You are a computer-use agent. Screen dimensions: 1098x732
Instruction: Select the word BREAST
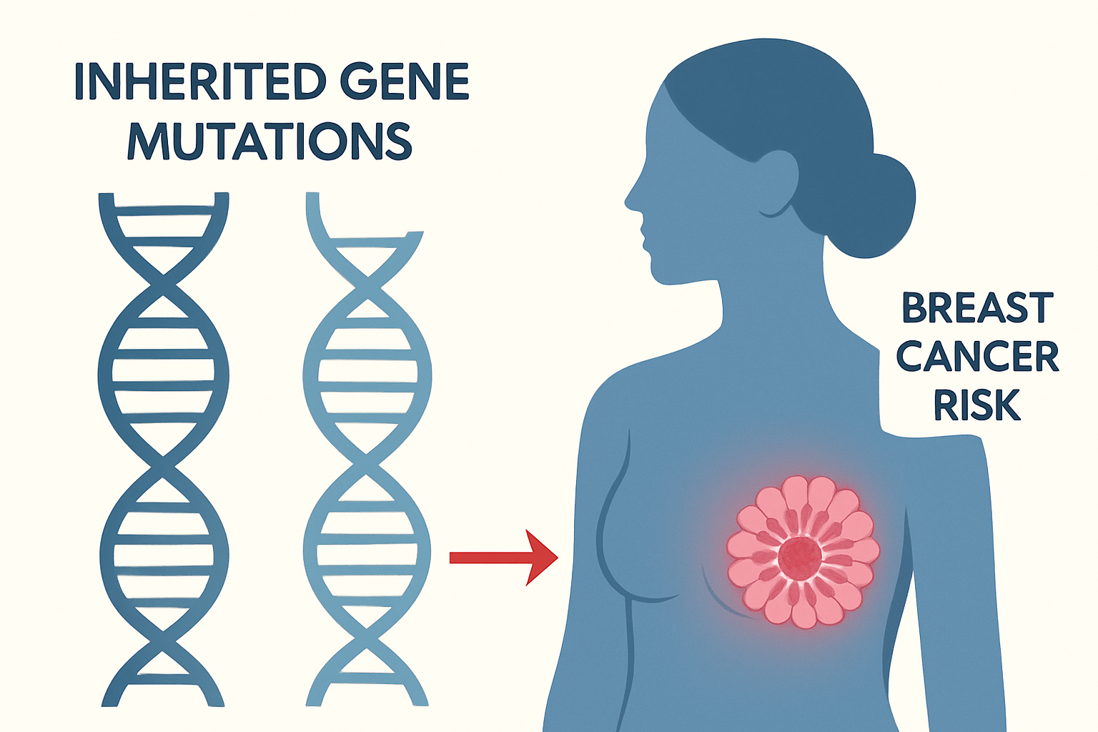pos(977,307)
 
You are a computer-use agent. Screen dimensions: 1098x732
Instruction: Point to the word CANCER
pos(977,357)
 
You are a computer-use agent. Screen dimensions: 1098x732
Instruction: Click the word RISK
pos(977,405)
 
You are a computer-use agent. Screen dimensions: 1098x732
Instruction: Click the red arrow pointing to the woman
pos(504,558)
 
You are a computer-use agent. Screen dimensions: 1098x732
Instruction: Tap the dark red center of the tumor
pos(799,558)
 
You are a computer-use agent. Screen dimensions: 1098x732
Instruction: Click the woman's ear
pos(778,184)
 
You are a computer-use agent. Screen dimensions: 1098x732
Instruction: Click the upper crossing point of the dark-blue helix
pos(164,284)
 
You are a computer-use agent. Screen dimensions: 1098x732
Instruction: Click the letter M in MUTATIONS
pos(149,141)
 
